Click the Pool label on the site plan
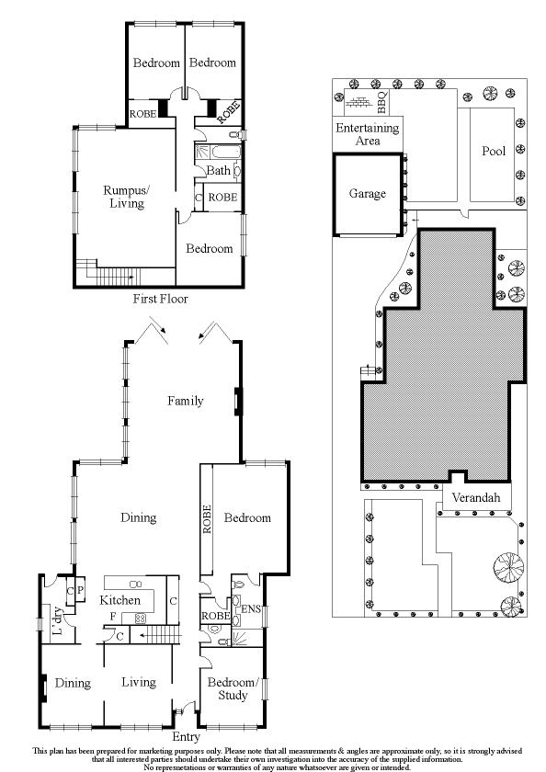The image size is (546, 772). [x=494, y=151]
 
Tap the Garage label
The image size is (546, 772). [x=368, y=194]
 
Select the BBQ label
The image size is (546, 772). [x=382, y=102]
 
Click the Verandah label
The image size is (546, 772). [x=476, y=497]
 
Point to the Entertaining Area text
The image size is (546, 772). [x=368, y=134]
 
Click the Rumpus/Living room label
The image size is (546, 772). [x=127, y=197]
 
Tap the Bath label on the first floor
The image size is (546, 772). [x=218, y=170]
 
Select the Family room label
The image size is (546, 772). [x=185, y=401]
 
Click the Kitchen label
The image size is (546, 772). [x=119, y=599]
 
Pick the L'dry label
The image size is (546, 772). [x=58, y=619]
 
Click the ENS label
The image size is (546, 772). [x=251, y=609]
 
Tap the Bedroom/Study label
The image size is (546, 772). [x=233, y=688]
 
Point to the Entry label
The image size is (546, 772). [x=186, y=736]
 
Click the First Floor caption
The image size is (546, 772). [x=161, y=299]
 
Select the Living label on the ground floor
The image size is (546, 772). [x=139, y=682]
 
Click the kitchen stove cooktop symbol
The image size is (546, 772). [x=141, y=618]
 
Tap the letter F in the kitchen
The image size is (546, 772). [x=113, y=616]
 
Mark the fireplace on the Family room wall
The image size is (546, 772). [x=237, y=400]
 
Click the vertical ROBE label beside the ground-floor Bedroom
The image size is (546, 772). [x=207, y=519]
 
